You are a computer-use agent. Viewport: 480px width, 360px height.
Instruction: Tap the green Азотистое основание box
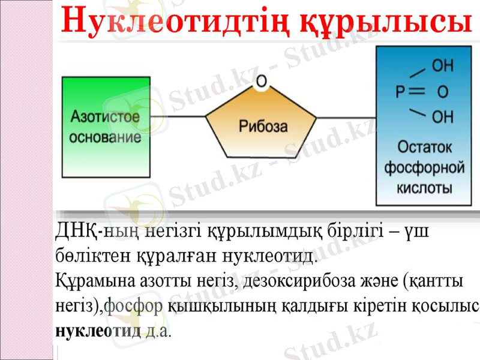pos(105,127)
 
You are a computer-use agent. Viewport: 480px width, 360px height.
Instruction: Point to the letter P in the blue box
pos(401,92)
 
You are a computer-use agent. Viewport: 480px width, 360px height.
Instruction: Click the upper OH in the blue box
pos(443,65)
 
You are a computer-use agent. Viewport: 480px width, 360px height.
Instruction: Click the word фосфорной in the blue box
pos(424,167)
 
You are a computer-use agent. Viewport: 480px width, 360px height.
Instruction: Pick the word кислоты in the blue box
pos(424,188)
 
